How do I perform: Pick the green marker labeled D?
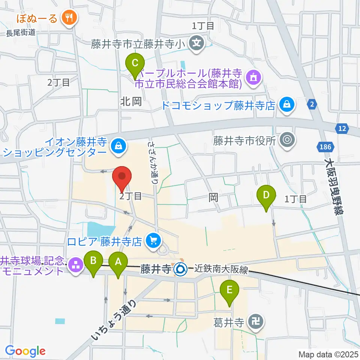(266, 195)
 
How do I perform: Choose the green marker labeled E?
(229, 290)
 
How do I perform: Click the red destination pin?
(122, 176)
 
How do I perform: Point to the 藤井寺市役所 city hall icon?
(288, 141)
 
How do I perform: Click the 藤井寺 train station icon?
(180, 268)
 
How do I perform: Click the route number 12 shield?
(342, 129)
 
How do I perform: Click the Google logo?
(25, 351)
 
